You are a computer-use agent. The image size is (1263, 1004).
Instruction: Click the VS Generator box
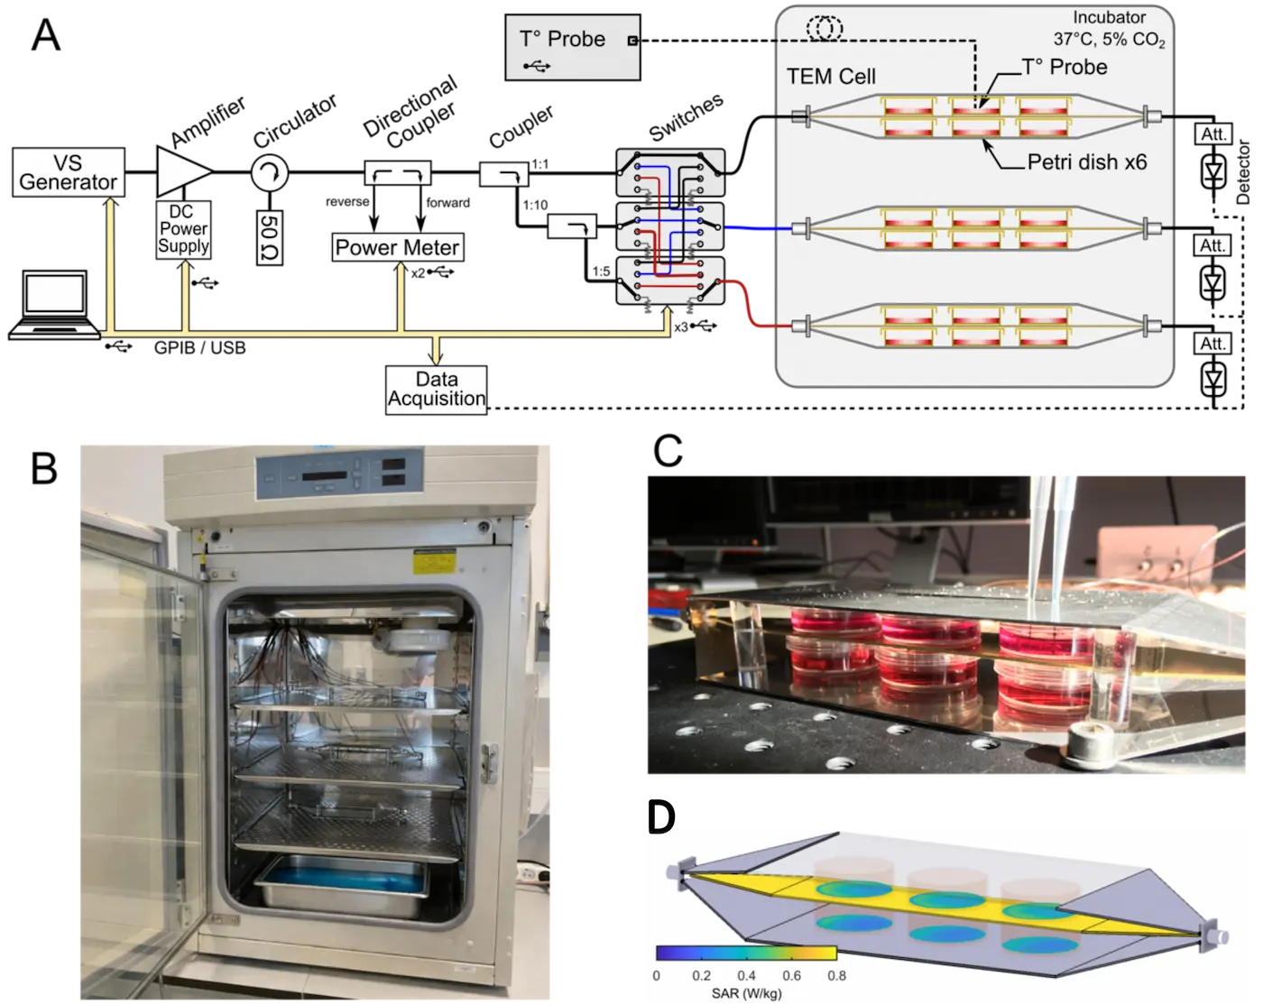coord(68,173)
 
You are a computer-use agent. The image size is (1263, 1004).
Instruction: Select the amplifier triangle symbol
coord(182,171)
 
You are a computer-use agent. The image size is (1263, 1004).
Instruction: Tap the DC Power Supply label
coord(183,229)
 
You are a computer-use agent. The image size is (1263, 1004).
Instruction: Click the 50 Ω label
coord(269,237)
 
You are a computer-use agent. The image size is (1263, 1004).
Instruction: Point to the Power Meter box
coord(397,247)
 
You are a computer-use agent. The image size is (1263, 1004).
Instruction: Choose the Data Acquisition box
coord(437,389)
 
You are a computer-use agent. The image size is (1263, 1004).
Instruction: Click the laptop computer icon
coord(55,305)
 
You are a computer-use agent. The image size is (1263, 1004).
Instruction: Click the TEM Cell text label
coord(831,76)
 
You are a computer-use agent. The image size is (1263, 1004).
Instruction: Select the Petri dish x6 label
coord(1087,162)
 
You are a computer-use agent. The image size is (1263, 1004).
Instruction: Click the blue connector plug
coord(736,230)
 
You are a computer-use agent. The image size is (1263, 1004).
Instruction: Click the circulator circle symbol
coord(269,173)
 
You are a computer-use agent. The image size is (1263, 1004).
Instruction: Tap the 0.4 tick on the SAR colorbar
coord(746,975)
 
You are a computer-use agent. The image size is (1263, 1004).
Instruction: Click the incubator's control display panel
coord(341,474)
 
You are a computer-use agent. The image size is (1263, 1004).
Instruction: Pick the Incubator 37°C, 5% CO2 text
coord(1109,29)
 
